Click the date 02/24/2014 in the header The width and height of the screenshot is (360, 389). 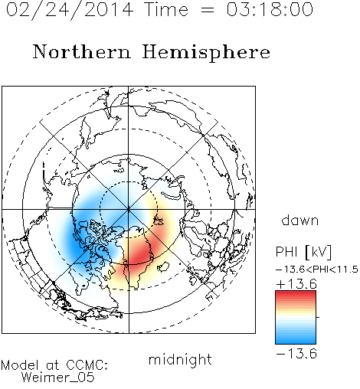click(70, 10)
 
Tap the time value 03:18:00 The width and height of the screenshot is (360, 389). click(270, 9)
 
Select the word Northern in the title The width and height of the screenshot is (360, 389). click(81, 51)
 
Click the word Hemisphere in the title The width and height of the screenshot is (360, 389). click(206, 53)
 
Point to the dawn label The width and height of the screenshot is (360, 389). click(300, 220)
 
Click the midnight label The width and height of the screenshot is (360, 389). click(180, 360)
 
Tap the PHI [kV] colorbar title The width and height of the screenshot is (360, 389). click(303, 252)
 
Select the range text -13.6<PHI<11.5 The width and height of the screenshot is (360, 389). click(317, 270)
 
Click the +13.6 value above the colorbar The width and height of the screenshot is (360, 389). click(296, 284)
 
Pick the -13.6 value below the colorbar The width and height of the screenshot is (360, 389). click(296, 354)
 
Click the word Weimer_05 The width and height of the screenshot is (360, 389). click(58, 378)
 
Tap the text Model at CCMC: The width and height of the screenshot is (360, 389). click(54, 365)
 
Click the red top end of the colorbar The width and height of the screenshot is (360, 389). click(296, 293)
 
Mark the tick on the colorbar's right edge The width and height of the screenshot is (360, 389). click(318, 317)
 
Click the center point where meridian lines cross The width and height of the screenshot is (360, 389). click(129, 210)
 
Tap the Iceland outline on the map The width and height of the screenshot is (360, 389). click(163, 266)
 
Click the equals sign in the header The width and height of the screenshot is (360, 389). click(208, 10)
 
